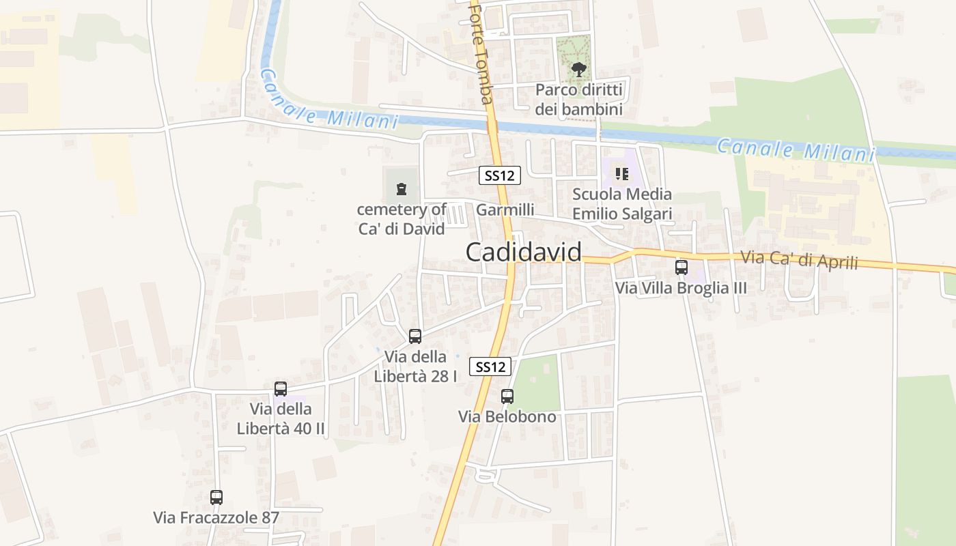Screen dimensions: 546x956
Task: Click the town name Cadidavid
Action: point(524,252)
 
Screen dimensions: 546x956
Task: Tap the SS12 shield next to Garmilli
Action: point(499,175)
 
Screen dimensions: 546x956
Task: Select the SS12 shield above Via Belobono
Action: point(490,367)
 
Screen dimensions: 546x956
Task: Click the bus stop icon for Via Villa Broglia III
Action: point(681,267)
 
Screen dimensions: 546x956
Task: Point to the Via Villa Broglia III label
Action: point(681,288)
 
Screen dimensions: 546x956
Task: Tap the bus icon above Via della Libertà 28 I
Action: point(415,336)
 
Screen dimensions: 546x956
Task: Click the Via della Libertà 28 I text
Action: point(416,366)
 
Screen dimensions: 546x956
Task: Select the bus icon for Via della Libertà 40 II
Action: point(281,389)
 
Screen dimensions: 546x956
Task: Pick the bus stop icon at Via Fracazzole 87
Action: point(216,498)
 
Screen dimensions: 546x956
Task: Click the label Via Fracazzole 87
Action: point(216,517)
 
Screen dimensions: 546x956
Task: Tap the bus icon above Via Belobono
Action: point(507,396)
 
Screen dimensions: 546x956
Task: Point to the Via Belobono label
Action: point(507,416)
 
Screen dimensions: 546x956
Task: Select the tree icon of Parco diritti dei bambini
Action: point(578,69)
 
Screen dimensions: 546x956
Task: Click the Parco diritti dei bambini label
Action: point(578,100)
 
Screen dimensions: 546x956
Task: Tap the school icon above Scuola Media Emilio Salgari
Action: point(621,174)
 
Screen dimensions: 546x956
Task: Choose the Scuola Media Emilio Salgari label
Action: point(621,204)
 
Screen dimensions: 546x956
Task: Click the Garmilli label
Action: point(505,210)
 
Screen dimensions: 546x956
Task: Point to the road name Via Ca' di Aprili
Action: point(799,260)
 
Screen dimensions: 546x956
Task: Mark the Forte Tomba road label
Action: point(481,55)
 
